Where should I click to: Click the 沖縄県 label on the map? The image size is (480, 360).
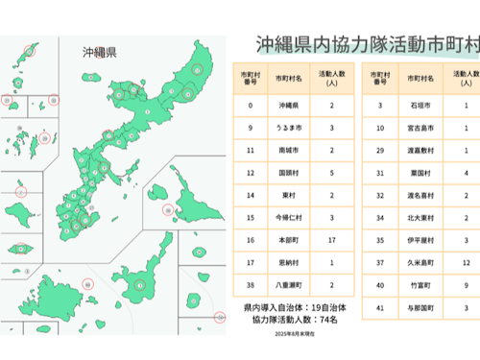pos(99,52)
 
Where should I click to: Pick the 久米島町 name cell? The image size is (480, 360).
pos(423,260)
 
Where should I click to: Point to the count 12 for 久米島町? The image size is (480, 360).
pos(465,260)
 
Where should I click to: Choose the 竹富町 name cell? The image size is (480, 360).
pos(423,285)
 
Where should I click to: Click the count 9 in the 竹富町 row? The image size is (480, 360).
pos(465,285)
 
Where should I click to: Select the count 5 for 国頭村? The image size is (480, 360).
pos(331,173)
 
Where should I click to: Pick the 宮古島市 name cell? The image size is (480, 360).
pos(423,126)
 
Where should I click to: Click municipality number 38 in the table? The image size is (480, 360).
pos(250,285)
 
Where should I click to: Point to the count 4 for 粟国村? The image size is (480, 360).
pos(465,173)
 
